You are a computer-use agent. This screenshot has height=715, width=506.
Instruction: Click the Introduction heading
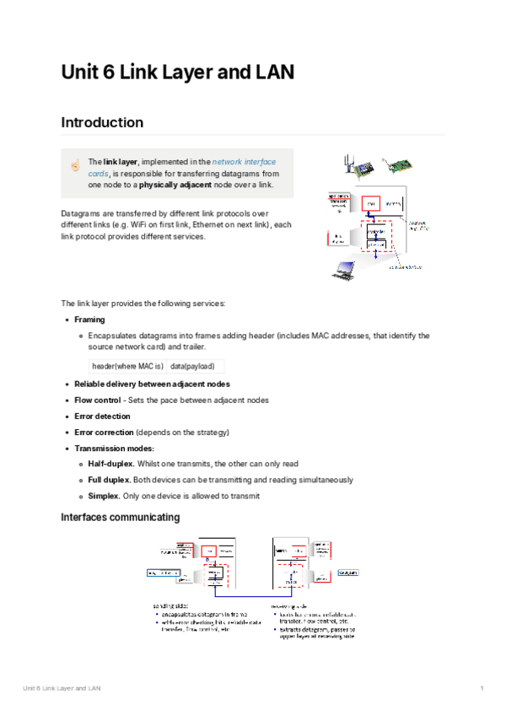pos(102,122)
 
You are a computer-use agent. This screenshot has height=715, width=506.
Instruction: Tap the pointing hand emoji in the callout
pos(75,166)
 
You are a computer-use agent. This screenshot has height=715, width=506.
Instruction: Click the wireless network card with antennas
pos(359,168)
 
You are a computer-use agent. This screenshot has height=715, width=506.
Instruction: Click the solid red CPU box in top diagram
pos(370,203)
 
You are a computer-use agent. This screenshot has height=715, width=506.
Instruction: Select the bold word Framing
pos(89,320)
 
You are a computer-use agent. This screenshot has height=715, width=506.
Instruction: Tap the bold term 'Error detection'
pos(102,416)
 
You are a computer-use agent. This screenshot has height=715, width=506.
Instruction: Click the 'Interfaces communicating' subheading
pos(120,516)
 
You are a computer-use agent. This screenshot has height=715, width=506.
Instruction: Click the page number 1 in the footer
pos(482,690)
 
